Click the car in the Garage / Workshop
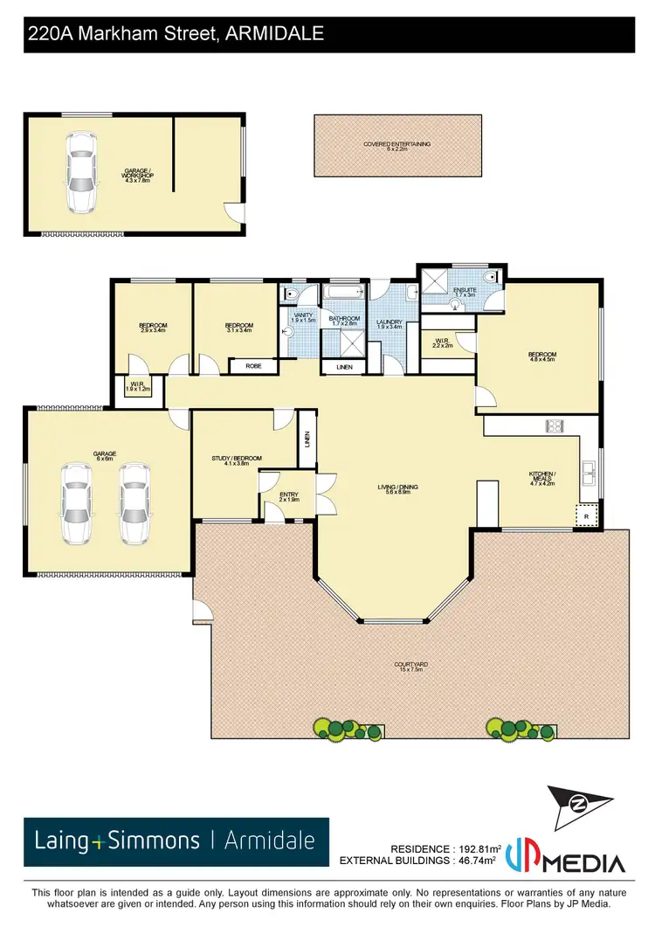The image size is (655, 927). click(x=80, y=173)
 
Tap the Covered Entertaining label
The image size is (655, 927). click(x=396, y=146)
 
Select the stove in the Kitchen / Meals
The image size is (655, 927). click(x=555, y=426)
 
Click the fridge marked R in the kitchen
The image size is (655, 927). click(x=587, y=517)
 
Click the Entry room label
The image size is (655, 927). click(x=289, y=497)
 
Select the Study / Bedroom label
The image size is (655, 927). click(x=231, y=460)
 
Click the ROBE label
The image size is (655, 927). click(x=253, y=367)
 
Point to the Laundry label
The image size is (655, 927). click(x=389, y=324)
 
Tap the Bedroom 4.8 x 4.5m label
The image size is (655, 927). click(x=541, y=356)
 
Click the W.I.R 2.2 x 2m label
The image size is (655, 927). click(x=441, y=343)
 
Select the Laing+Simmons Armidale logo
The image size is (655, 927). click(x=176, y=841)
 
